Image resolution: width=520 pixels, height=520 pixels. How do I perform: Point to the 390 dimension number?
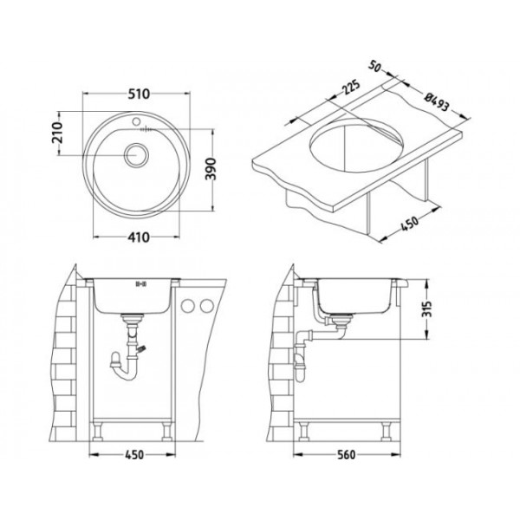(x=223, y=170)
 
